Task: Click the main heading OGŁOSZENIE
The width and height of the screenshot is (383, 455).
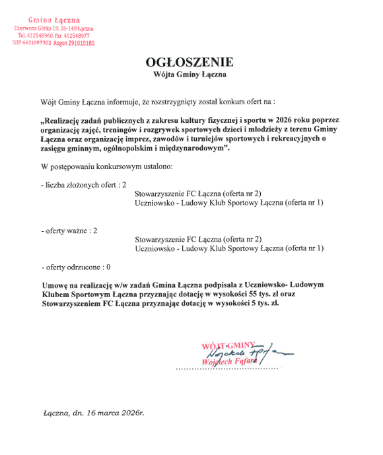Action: [190, 63]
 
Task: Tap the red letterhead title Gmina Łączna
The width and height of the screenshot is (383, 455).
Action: [53, 21]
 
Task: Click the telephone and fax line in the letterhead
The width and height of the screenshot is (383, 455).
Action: [54, 36]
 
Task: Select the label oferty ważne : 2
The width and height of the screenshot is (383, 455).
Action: [69, 230]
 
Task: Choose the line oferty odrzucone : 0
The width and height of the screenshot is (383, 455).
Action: [76, 267]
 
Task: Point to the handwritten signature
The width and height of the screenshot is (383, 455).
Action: [244, 353]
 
